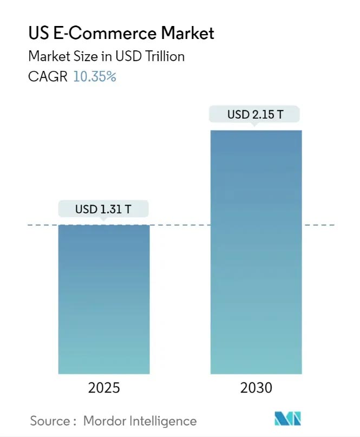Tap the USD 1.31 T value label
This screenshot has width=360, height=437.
pyautogui.click(x=103, y=208)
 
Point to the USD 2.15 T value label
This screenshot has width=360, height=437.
pyautogui.click(x=255, y=114)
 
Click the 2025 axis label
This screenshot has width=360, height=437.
pyautogui.click(x=104, y=388)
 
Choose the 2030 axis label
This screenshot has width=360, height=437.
pyautogui.click(x=257, y=388)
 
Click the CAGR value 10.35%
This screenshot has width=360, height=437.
pyautogui.click(x=95, y=77)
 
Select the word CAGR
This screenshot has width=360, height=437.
pyautogui.click(x=48, y=77)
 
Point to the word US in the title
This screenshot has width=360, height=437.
pyautogui.click(x=37, y=34)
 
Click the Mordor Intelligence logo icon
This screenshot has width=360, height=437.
pyautogui.click(x=288, y=419)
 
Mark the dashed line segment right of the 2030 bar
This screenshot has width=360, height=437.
pyautogui.click(x=319, y=225)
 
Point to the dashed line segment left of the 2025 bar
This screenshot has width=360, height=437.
pyautogui.click(x=42, y=225)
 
